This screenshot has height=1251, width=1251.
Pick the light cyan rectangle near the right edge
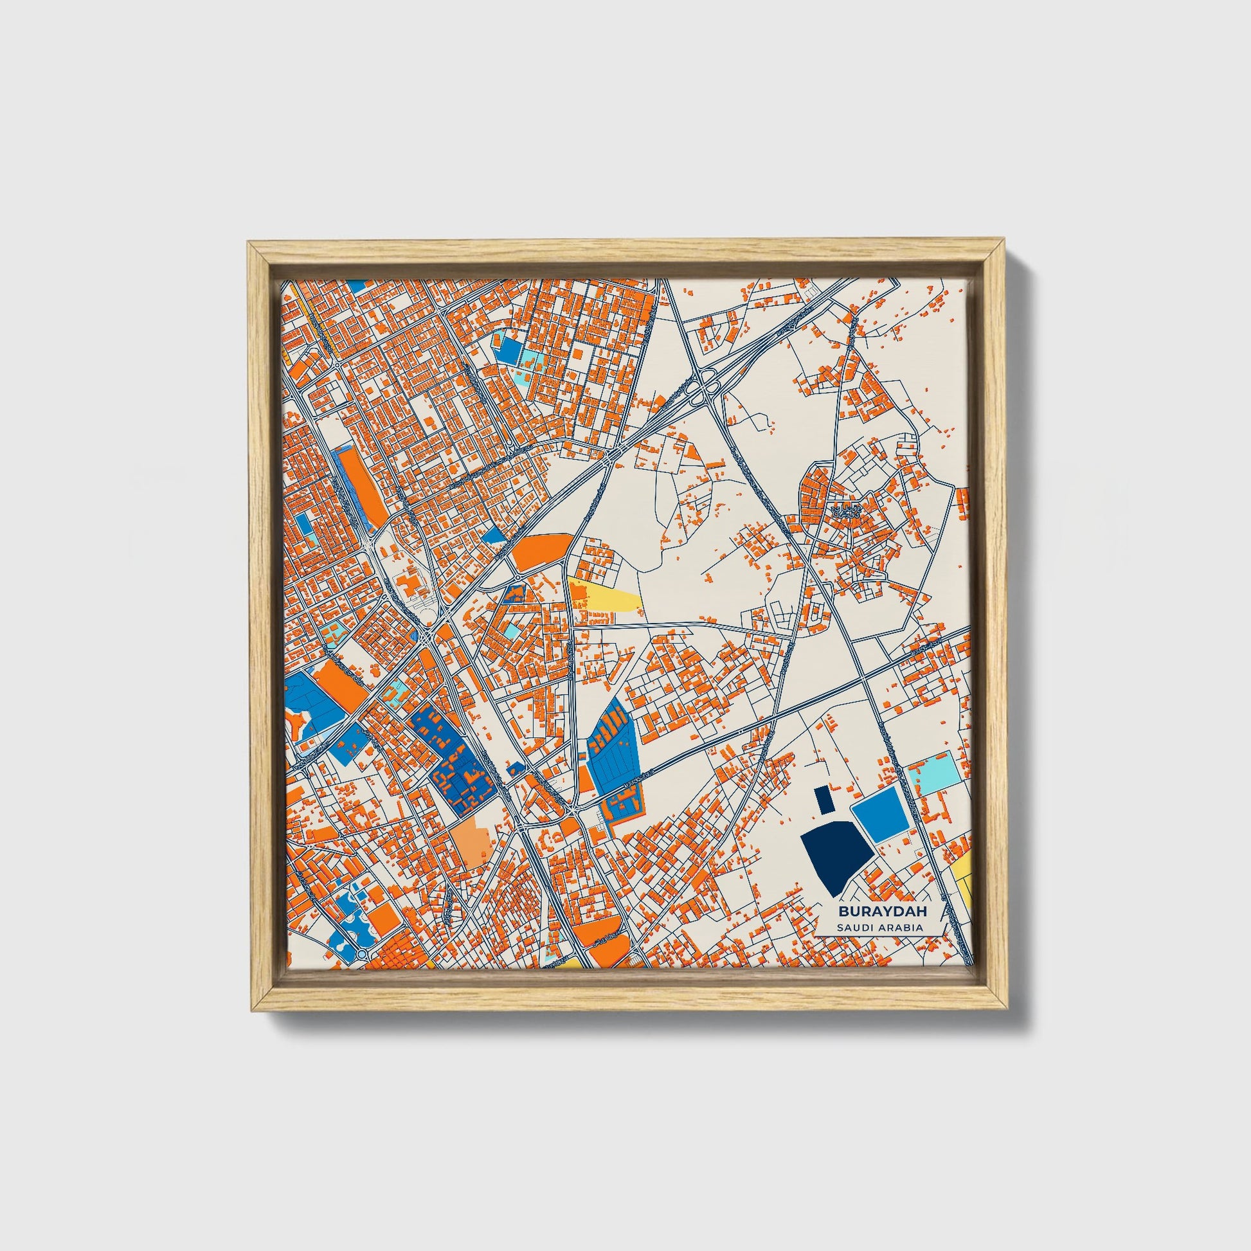[x=932, y=774]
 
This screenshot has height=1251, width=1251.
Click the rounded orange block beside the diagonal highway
[x=543, y=552]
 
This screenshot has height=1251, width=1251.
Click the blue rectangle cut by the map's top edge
[x=356, y=285]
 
